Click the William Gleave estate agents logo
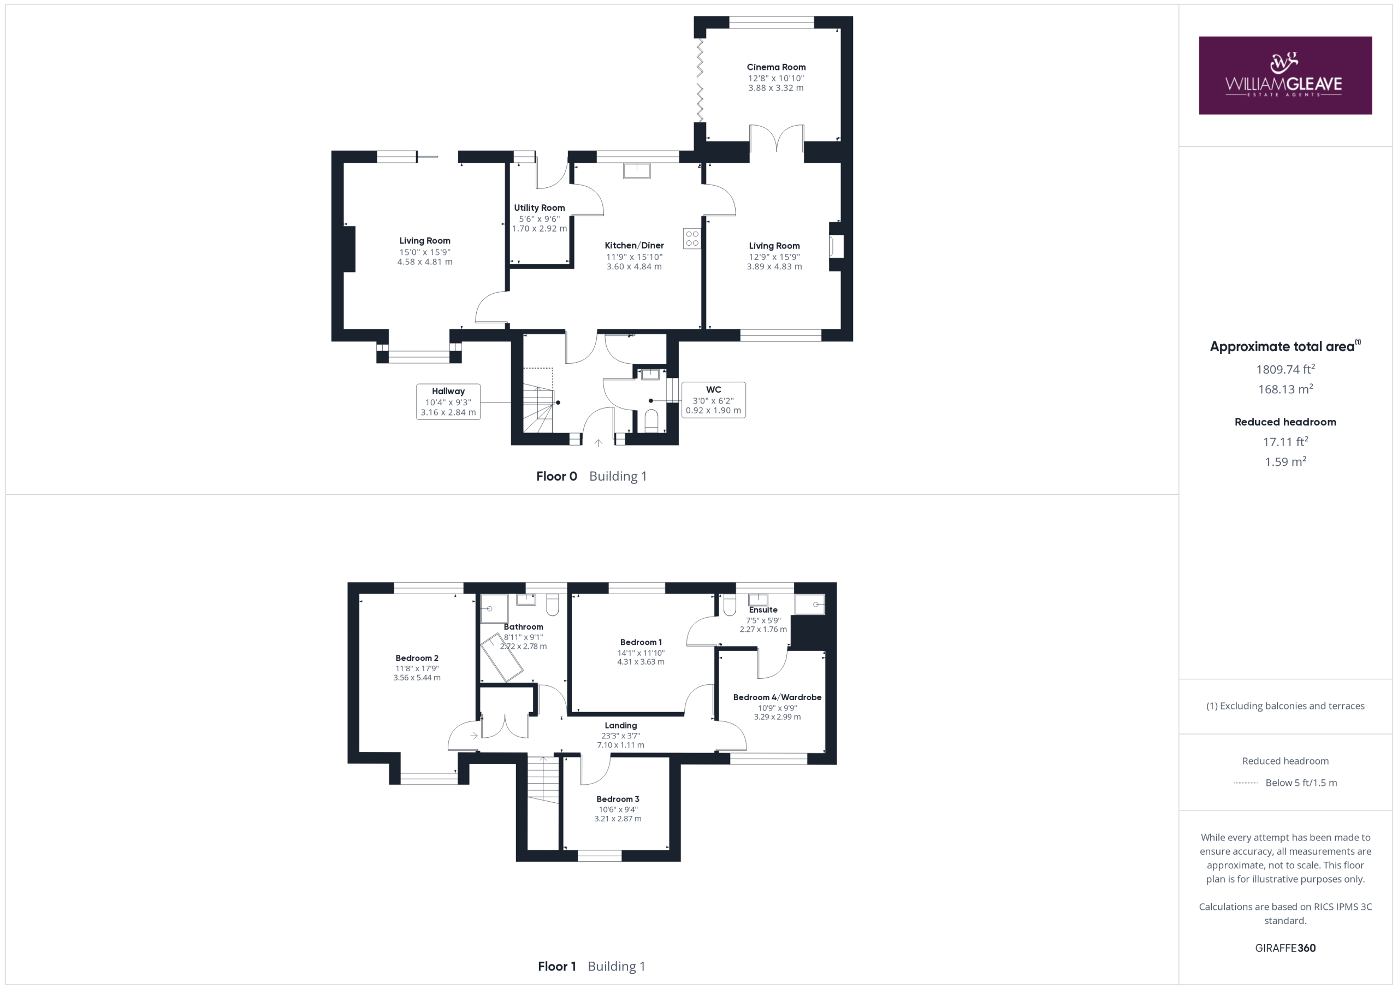tap(1285, 75)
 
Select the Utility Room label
tap(539, 208)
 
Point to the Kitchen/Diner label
tap(634, 245)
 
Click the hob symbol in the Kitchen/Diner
tap(692, 239)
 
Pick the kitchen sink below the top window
tap(636, 170)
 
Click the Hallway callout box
tap(448, 401)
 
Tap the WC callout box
tap(713, 400)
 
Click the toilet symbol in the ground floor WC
tap(651, 421)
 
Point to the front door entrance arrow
tap(598, 443)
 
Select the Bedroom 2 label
tap(417, 658)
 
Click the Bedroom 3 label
tap(618, 799)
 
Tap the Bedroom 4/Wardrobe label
tap(777, 697)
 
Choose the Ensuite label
tap(763, 609)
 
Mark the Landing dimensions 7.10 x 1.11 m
tap(620, 745)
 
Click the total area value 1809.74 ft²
tap(1286, 369)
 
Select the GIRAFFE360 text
tap(1286, 947)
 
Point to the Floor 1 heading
tap(556, 966)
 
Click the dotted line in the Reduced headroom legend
tap(1245, 783)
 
